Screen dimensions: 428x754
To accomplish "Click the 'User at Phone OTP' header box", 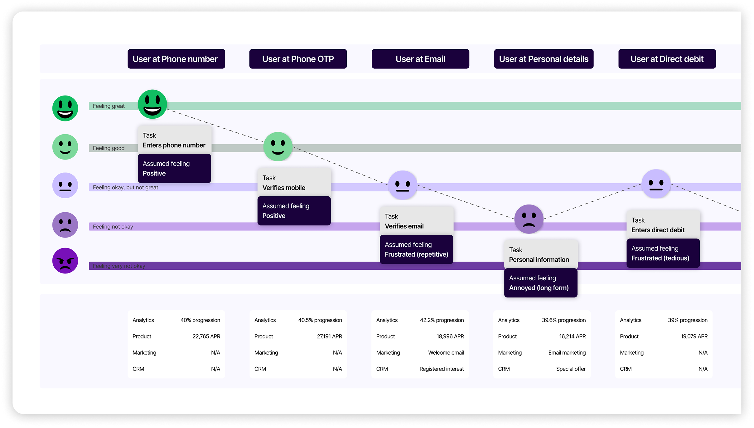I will click(x=298, y=59).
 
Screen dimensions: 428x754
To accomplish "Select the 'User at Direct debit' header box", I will click(x=667, y=59).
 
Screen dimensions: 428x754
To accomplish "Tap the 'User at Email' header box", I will click(x=420, y=59).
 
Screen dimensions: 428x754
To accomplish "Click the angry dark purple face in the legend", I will click(x=65, y=261).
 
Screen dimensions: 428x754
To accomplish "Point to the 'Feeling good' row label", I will click(x=109, y=148).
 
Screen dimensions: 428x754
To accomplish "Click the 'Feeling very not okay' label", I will click(x=119, y=266).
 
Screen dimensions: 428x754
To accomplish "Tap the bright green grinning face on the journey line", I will click(x=152, y=104).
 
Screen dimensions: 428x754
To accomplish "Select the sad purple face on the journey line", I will click(x=529, y=219).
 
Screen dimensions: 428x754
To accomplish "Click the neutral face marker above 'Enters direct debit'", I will click(x=656, y=184).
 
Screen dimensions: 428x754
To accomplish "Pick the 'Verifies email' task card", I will click(x=416, y=221).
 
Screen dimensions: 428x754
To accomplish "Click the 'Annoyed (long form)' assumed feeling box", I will click(x=540, y=283).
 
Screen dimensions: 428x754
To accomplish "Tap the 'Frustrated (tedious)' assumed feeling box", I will click(x=663, y=253).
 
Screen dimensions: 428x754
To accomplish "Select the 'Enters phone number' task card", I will click(x=174, y=140).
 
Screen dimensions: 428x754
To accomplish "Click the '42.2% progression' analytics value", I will click(x=442, y=320).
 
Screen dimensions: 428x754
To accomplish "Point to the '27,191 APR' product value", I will click(x=329, y=336).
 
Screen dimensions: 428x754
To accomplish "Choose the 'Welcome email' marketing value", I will click(x=446, y=352).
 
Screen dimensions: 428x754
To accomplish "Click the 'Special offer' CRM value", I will click(x=571, y=369).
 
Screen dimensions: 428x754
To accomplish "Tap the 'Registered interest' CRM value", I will click(x=441, y=369).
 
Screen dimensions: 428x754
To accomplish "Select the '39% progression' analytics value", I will click(x=687, y=320).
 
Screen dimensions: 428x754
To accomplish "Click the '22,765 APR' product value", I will click(x=206, y=336).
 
